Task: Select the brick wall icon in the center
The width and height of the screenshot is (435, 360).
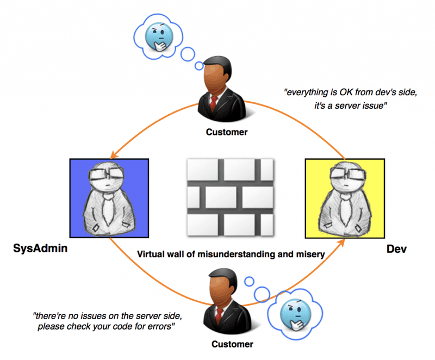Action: pyautogui.click(x=230, y=197)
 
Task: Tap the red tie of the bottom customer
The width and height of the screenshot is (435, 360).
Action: pyautogui.click(x=219, y=316)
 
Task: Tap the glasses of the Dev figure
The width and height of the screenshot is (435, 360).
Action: pyautogui.click(x=343, y=176)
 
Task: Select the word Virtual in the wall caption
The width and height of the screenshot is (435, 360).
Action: pyautogui.click(x=152, y=254)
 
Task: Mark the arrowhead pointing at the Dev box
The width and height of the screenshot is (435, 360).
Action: pyautogui.click(x=343, y=243)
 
